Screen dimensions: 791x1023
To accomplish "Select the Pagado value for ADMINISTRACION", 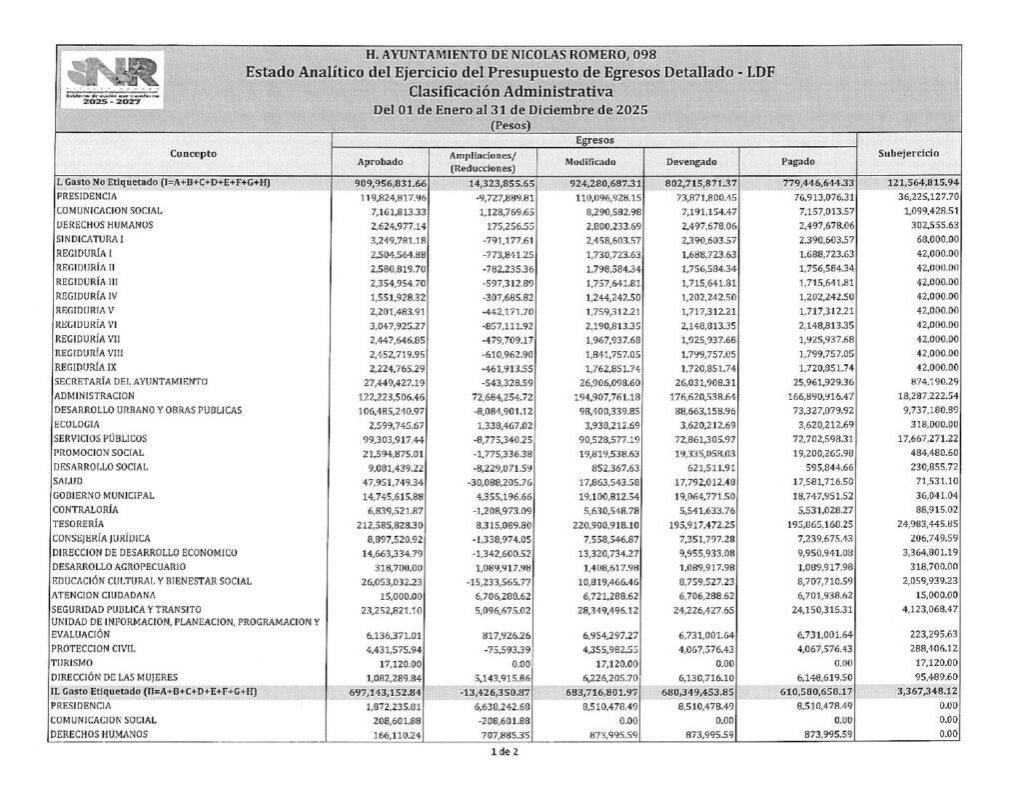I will (816, 397).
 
